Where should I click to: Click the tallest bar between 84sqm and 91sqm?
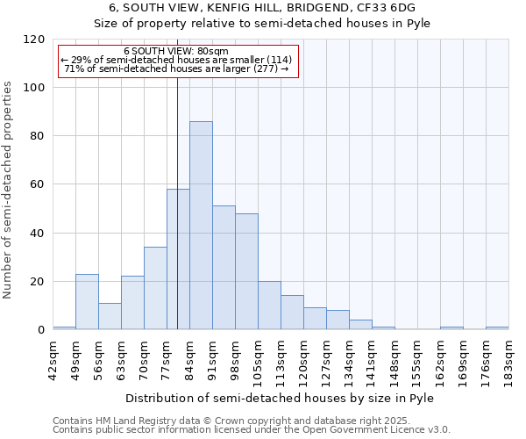pos(201,226)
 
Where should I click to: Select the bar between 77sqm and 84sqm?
pos(178,259)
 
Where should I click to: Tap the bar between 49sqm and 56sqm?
pos(87,302)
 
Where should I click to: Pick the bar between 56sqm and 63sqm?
pos(110,316)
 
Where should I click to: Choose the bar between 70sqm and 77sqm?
pos(155,288)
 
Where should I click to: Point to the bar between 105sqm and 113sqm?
pos(269,306)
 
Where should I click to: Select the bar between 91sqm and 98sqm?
pos(224,268)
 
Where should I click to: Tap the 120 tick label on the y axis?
pos(34,40)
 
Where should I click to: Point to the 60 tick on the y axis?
pos(38,185)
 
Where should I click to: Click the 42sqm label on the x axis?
pos(53,355)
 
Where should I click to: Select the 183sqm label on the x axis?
pos(509,355)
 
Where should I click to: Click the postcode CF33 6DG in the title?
pos(387,8)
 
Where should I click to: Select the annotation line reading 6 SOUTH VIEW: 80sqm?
pos(176,52)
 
